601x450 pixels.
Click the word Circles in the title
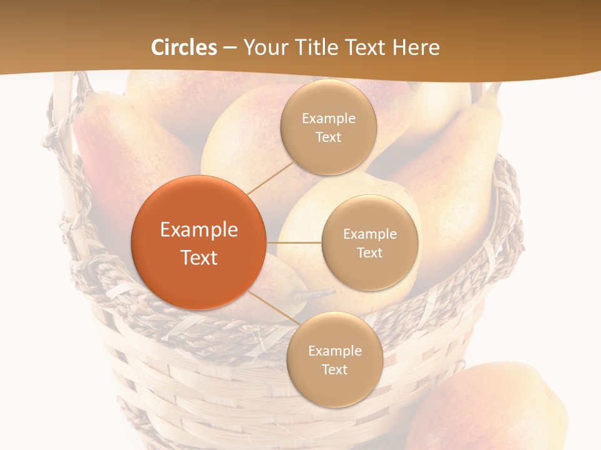point(184,47)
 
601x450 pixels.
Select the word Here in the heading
point(416,47)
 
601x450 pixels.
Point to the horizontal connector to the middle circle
point(294,242)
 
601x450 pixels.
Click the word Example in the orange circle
point(199,230)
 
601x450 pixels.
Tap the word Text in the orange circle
point(199,257)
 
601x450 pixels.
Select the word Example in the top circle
point(329,119)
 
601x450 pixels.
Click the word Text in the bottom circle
point(334,369)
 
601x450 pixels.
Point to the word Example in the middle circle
point(370,234)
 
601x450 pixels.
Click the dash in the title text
point(230,47)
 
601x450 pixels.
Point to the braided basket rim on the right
point(507,219)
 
